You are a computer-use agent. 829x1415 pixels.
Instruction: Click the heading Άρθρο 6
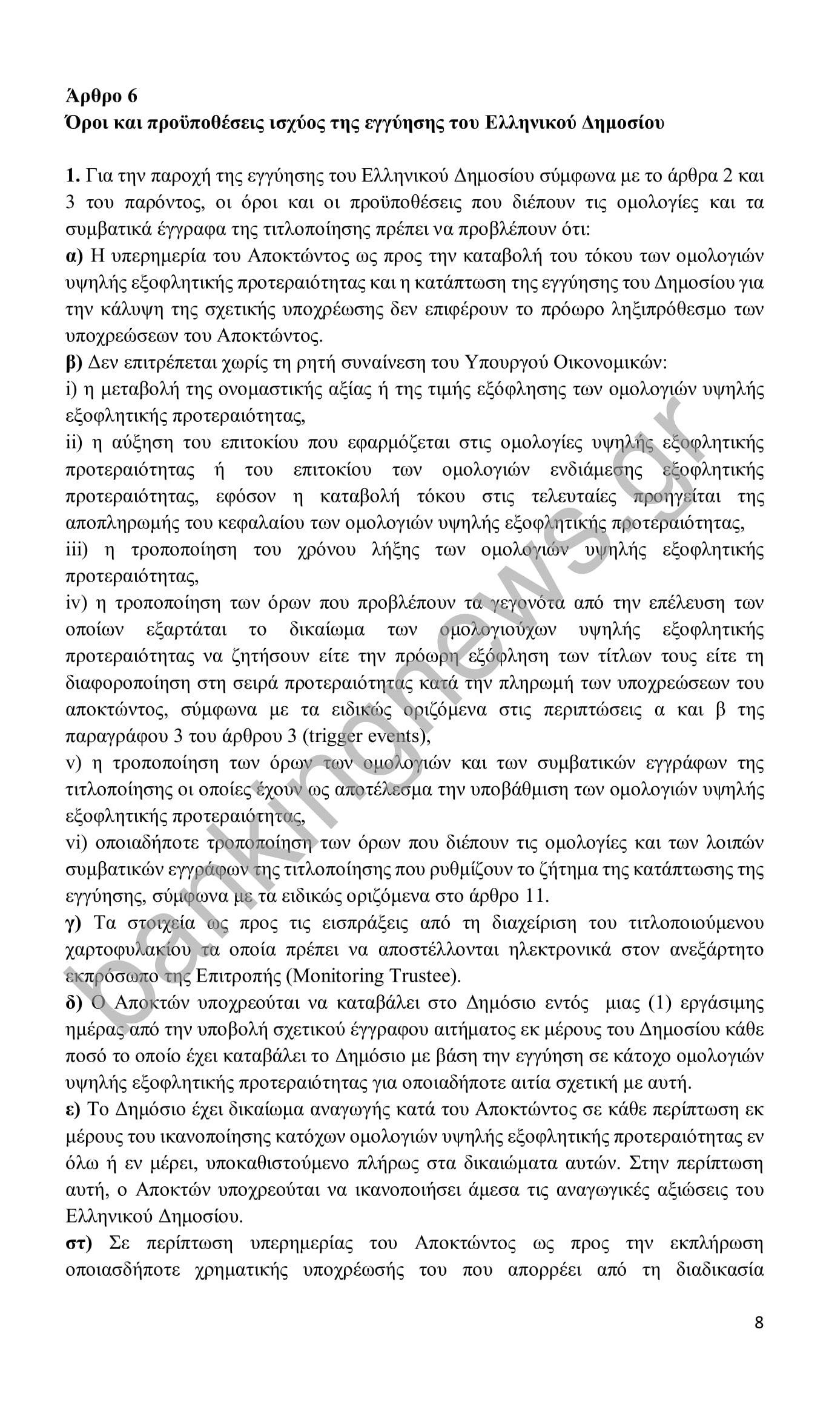(x=102, y=96)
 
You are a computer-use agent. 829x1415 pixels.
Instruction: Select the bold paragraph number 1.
(x=72, y=176)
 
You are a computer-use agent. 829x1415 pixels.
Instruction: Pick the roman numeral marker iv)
(x=77, y=603)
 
